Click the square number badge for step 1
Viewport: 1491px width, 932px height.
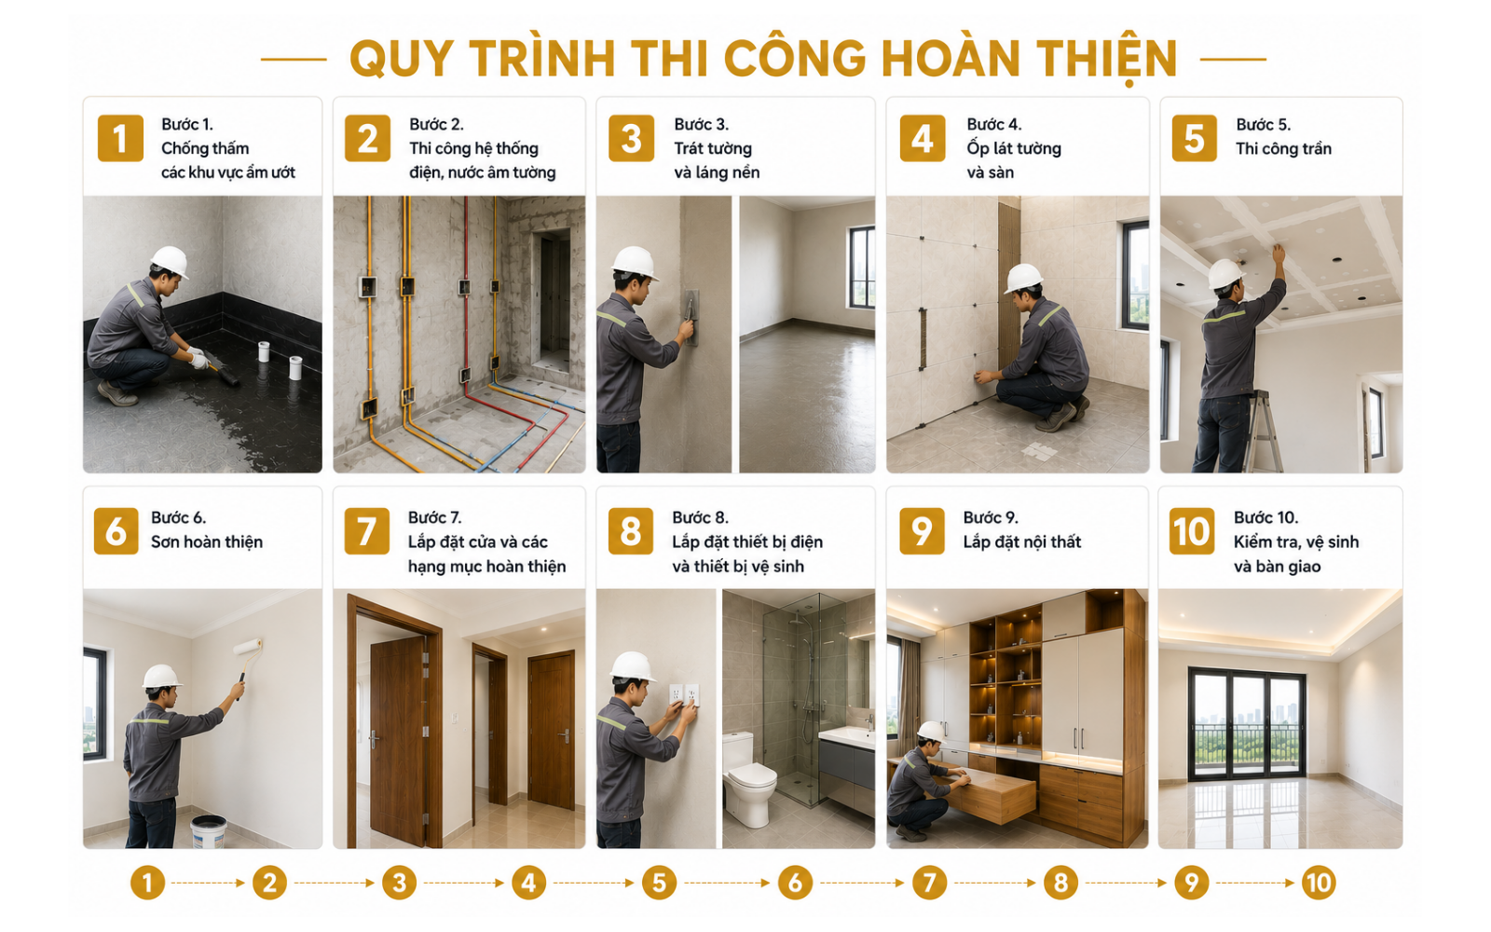[x=120, y=139]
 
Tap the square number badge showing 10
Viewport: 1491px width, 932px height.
[x=1192, y=531]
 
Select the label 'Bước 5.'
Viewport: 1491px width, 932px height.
[x=1263, y=125]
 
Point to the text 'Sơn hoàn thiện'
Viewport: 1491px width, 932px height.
[x=206, y=541]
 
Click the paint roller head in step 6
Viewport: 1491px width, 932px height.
[x=247, y=646]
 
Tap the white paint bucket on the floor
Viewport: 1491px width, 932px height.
[x=209, y=832]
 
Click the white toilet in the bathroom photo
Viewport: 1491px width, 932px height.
[x=749, y=779]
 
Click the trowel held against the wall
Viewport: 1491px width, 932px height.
[x=691, y=317]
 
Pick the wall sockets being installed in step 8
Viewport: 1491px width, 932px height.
[x=684, y=695]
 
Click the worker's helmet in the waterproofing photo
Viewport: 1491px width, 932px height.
[x=169, y=262]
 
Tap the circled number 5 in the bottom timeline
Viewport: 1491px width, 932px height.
[x=658, y=883]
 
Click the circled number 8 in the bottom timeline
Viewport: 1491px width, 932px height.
[x=1060, y=883]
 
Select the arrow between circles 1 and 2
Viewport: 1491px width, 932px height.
[x=208, y=883]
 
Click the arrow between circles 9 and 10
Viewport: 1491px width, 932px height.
[x=1255, y=883]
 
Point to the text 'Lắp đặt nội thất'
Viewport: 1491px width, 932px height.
[x=1021, y=541]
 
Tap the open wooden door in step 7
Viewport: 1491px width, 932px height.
[x=398, y=740]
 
